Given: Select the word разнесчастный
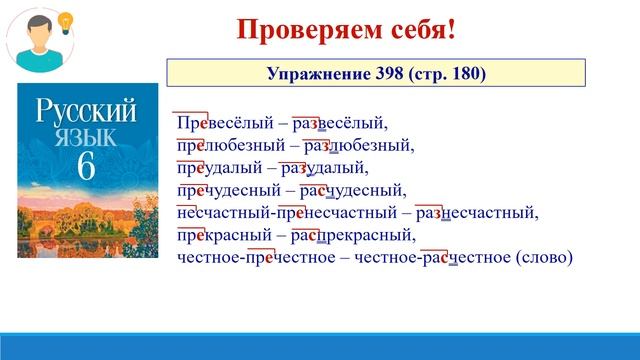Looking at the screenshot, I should (476, 213).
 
